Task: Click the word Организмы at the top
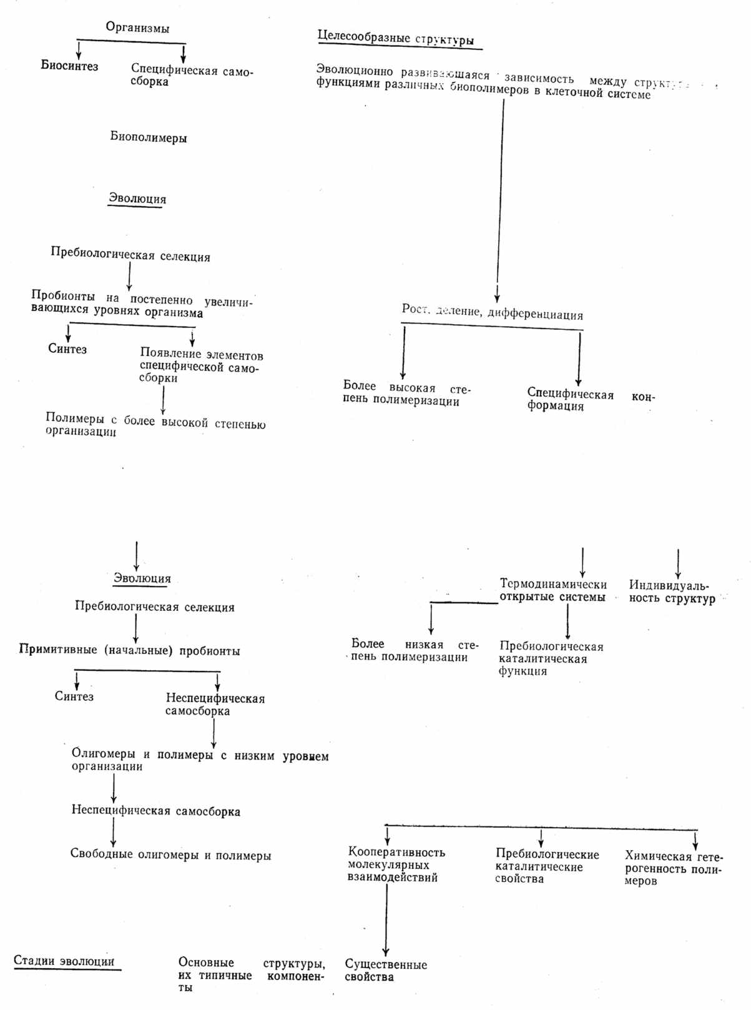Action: tap(137, 27)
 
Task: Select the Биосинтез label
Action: tap(69, 66)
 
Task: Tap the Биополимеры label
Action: tap(149, 137)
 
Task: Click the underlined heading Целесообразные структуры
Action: tap(396, 37)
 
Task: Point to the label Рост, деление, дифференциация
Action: tap(492, 312)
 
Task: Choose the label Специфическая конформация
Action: tap(591, 400)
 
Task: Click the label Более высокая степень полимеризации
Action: tap(406, 394)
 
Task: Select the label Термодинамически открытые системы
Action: tap(552, 590)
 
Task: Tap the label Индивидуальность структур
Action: tap(671, 592)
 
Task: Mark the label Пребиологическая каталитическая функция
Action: tap(551, 658)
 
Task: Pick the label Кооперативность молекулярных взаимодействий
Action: tap(396, 864)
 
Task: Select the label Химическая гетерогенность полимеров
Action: tap(673, 868)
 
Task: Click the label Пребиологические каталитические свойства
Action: tap(547, 866)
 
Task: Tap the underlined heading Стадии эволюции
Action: tap(64, 961)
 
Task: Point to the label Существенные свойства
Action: tap(385, 971)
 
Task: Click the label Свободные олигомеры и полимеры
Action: tap(170, 855)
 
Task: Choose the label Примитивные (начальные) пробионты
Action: tap(129, 650)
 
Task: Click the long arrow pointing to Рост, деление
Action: tap(501, 200)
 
